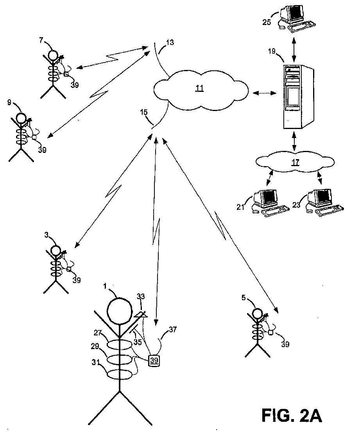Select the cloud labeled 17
point(295,163)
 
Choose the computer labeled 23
point(325,202)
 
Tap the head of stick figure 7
point(53,55)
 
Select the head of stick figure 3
point(56,251)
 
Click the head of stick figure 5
point(258,313)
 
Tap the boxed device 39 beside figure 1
point(154,360)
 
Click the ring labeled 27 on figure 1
point(120,344)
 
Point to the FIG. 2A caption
point(292,416)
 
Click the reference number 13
point(170,43)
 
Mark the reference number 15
point(144,112)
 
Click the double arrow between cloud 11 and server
point(265,93)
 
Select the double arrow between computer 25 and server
point(294,48)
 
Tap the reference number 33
point(141,297)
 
